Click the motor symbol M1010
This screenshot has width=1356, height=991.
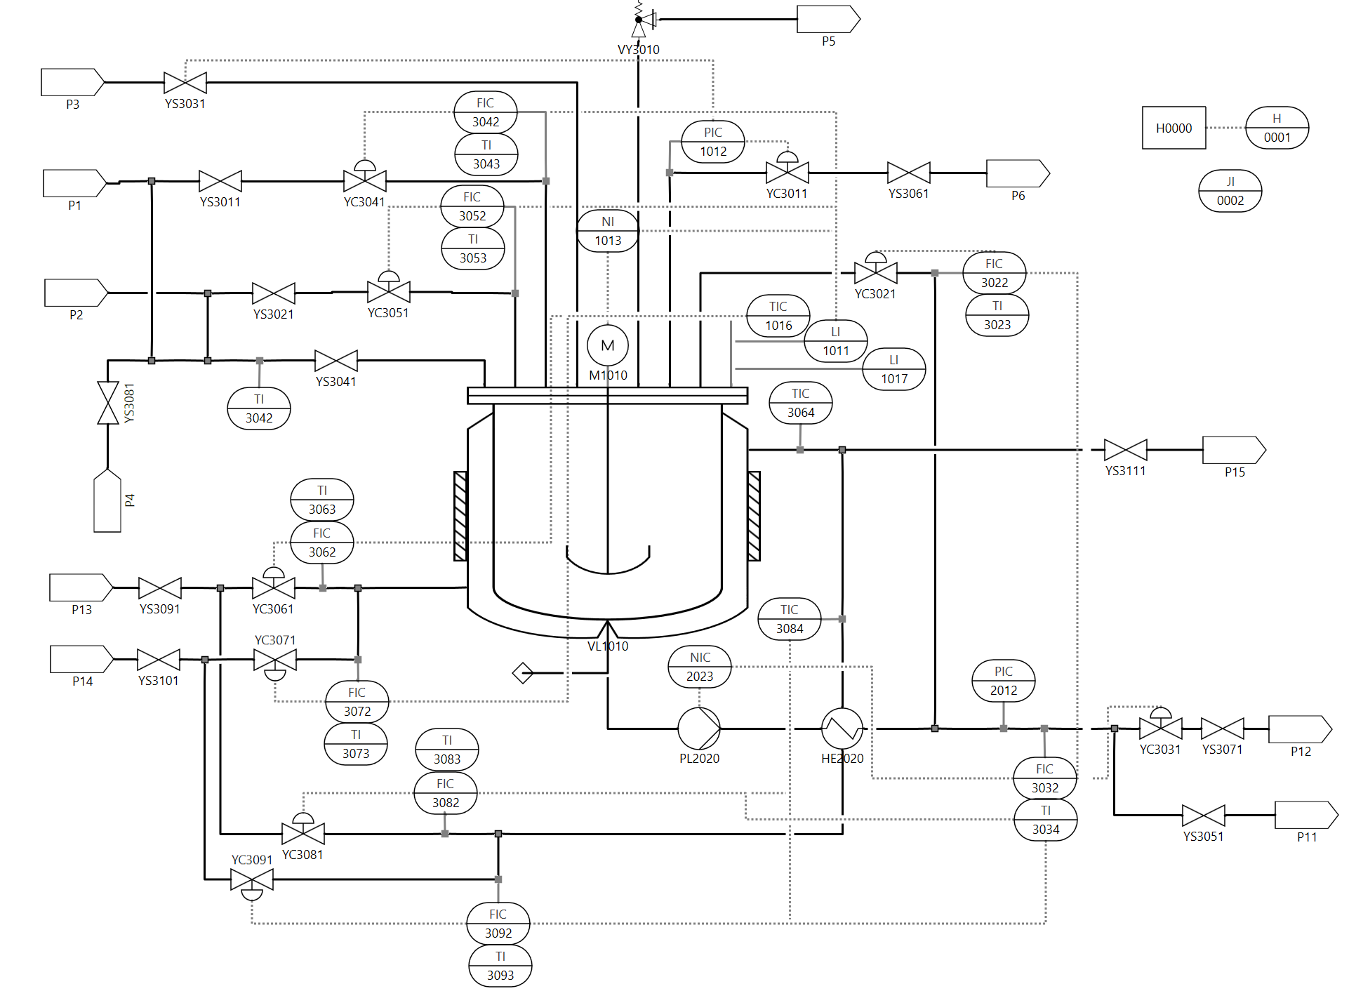(608, 345)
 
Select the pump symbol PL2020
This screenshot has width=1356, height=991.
(699, 729)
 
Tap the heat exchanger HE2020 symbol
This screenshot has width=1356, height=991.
(842, 729)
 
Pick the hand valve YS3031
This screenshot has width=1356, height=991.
(185, 83)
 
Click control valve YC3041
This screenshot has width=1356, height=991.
(365, 180)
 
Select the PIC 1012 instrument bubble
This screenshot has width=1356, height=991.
(713, 142)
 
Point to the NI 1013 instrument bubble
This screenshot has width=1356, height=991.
(608, 231)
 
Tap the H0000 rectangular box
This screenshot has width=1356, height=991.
(1174, 128)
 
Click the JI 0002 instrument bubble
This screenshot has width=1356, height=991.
(1230, 191)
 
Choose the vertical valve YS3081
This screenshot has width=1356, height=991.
(108, 403)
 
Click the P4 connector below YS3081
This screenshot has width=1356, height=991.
(107, 501)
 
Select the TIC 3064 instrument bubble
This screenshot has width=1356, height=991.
(801, 403)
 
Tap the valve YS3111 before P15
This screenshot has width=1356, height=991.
(1126, 450)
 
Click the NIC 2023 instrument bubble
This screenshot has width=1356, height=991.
(700, 667)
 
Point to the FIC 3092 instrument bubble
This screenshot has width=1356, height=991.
(498, 924)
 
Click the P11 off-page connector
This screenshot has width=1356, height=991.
(1306, 816)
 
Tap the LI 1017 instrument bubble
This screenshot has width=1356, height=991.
(894, 369)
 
